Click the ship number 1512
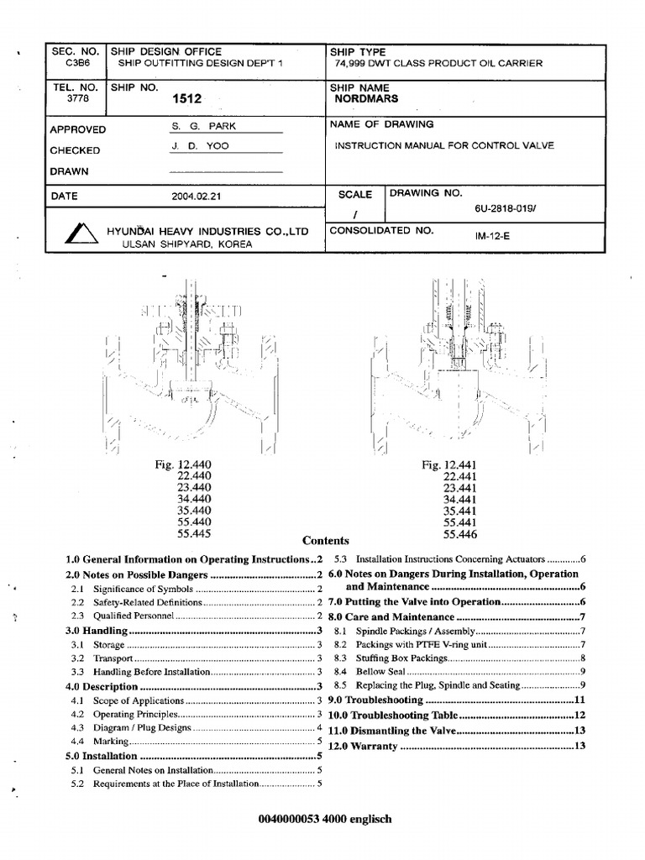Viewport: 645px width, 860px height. click(187, 98)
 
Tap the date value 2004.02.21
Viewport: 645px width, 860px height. click(197, 197)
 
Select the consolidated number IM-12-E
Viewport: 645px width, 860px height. click(492, 236)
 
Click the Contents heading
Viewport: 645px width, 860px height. click(325, 541)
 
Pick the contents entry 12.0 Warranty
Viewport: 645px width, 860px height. click(362, 747)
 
